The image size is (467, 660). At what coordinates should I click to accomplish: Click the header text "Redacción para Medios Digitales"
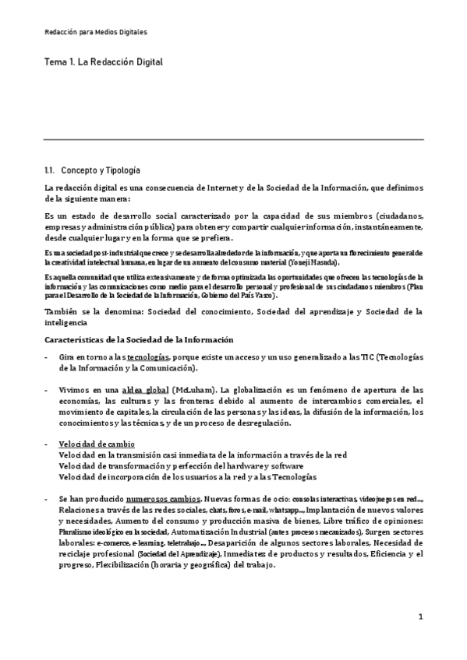click(x=95, y=32)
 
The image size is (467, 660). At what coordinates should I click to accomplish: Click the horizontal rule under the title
click(x=233, y=140)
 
